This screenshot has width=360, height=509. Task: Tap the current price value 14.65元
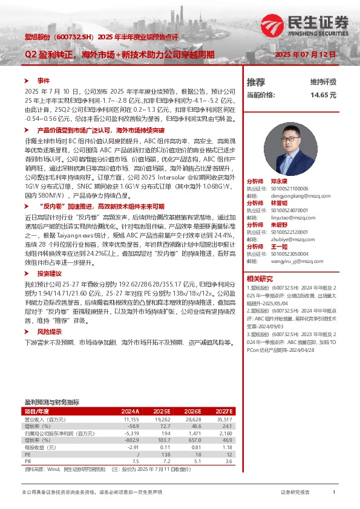tap(319, 95)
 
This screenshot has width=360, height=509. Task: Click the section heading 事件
tap(43, 80)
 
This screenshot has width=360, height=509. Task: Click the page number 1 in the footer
tap(334, 493)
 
